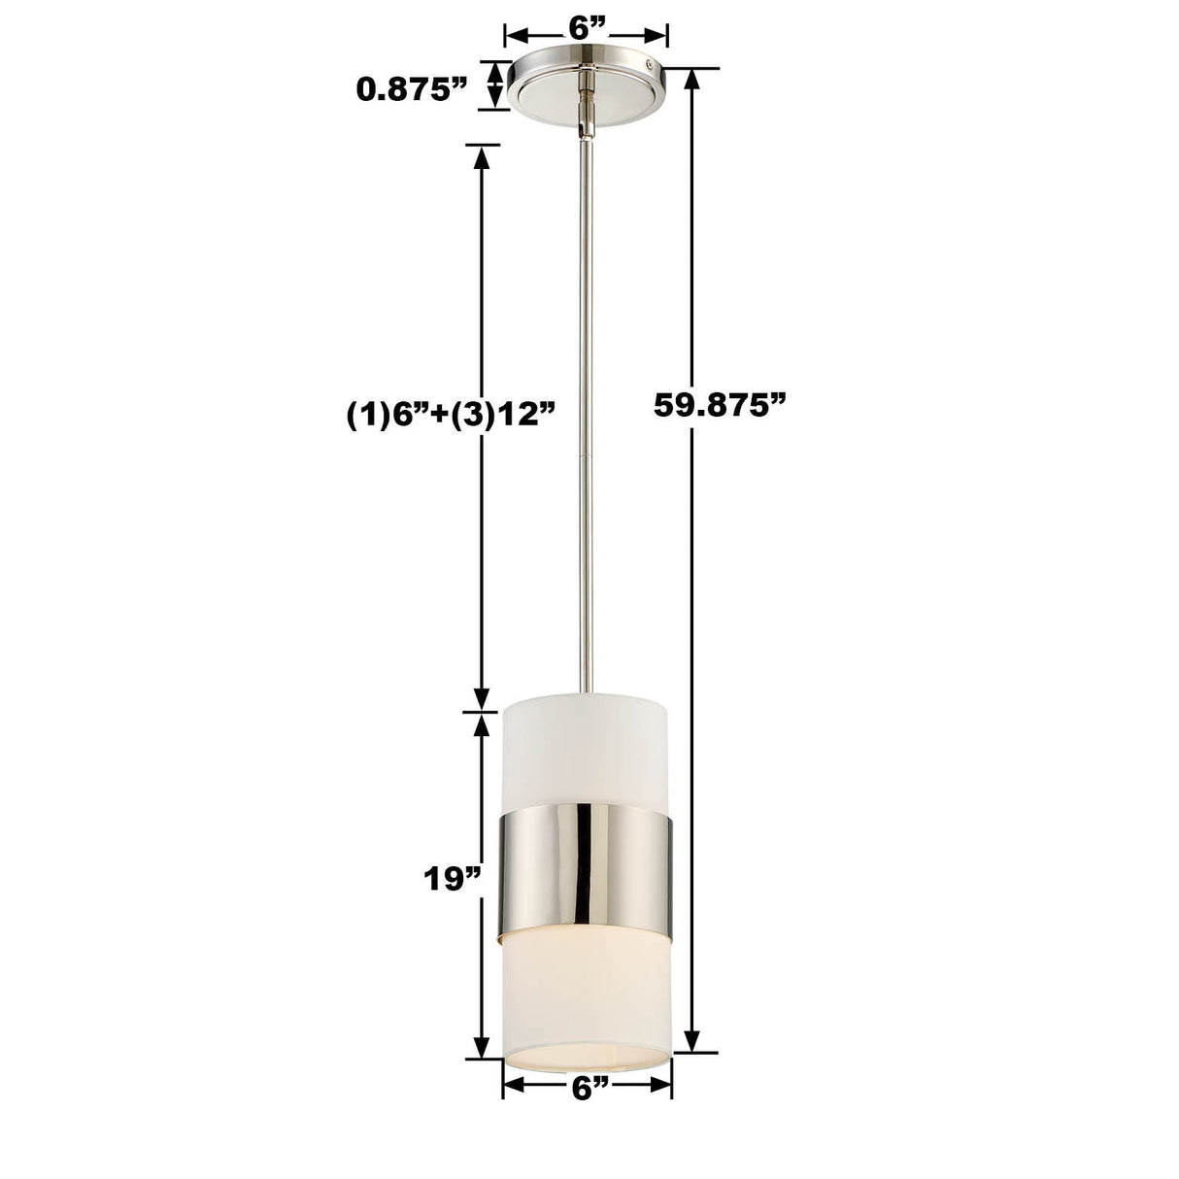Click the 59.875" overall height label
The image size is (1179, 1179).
[x=718, y=405]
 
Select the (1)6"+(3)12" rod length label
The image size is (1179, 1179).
[x=452, y=414]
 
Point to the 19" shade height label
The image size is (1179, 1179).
[x=453, y=879]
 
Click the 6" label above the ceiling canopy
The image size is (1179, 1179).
[x=586, y=29]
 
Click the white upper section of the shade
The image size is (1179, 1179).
[x=586, y=748]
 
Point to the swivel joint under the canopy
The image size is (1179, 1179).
[x=586, y=115]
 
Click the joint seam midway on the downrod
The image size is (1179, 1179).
[x=587, y=455]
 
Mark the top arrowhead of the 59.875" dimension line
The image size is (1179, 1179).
[x=692, y=78]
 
